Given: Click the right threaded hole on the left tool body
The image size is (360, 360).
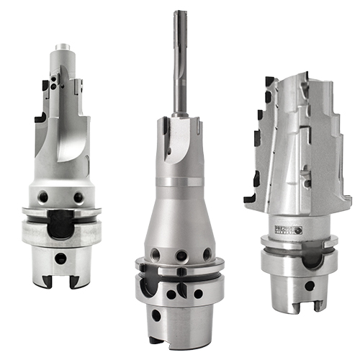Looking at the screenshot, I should coord(77,196).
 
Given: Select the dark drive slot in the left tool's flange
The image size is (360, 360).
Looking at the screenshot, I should coord(60,224).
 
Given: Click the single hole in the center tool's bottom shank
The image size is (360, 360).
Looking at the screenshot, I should coord(157,315).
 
